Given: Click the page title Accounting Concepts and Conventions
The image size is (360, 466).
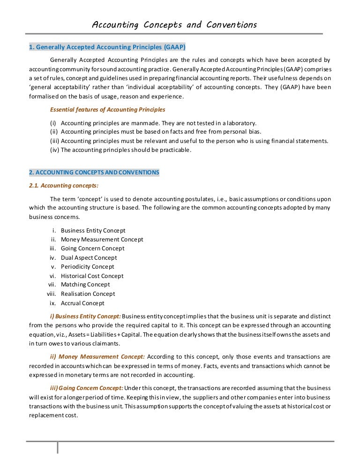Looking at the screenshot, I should point(174,24).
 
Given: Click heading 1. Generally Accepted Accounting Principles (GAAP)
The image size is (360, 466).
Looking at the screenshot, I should point(107,47).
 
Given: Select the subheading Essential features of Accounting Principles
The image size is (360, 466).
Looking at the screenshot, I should point(107,110).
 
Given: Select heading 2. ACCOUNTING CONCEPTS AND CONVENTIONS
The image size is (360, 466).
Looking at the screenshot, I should point(94,172).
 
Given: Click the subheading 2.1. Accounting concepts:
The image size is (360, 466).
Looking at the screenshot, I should point(64,185).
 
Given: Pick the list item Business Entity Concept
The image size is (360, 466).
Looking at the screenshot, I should point(93,231).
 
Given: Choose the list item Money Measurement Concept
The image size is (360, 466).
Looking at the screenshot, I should point(102,240).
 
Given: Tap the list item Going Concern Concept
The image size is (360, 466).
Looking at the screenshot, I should point(92,248).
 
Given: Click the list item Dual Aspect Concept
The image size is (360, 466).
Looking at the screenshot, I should point(89,258).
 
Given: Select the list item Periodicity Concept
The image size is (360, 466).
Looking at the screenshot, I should point(87,267).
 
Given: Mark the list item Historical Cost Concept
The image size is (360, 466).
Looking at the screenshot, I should point(92,276).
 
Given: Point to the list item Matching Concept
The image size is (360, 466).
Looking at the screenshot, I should point(85,285).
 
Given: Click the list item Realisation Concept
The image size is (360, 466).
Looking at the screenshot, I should point(88,294).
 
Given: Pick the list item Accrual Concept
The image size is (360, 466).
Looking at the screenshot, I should point(82,303).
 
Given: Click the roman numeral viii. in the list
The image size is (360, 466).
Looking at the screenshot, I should point(51,294).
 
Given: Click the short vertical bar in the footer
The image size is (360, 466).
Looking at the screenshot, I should point(58,447).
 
